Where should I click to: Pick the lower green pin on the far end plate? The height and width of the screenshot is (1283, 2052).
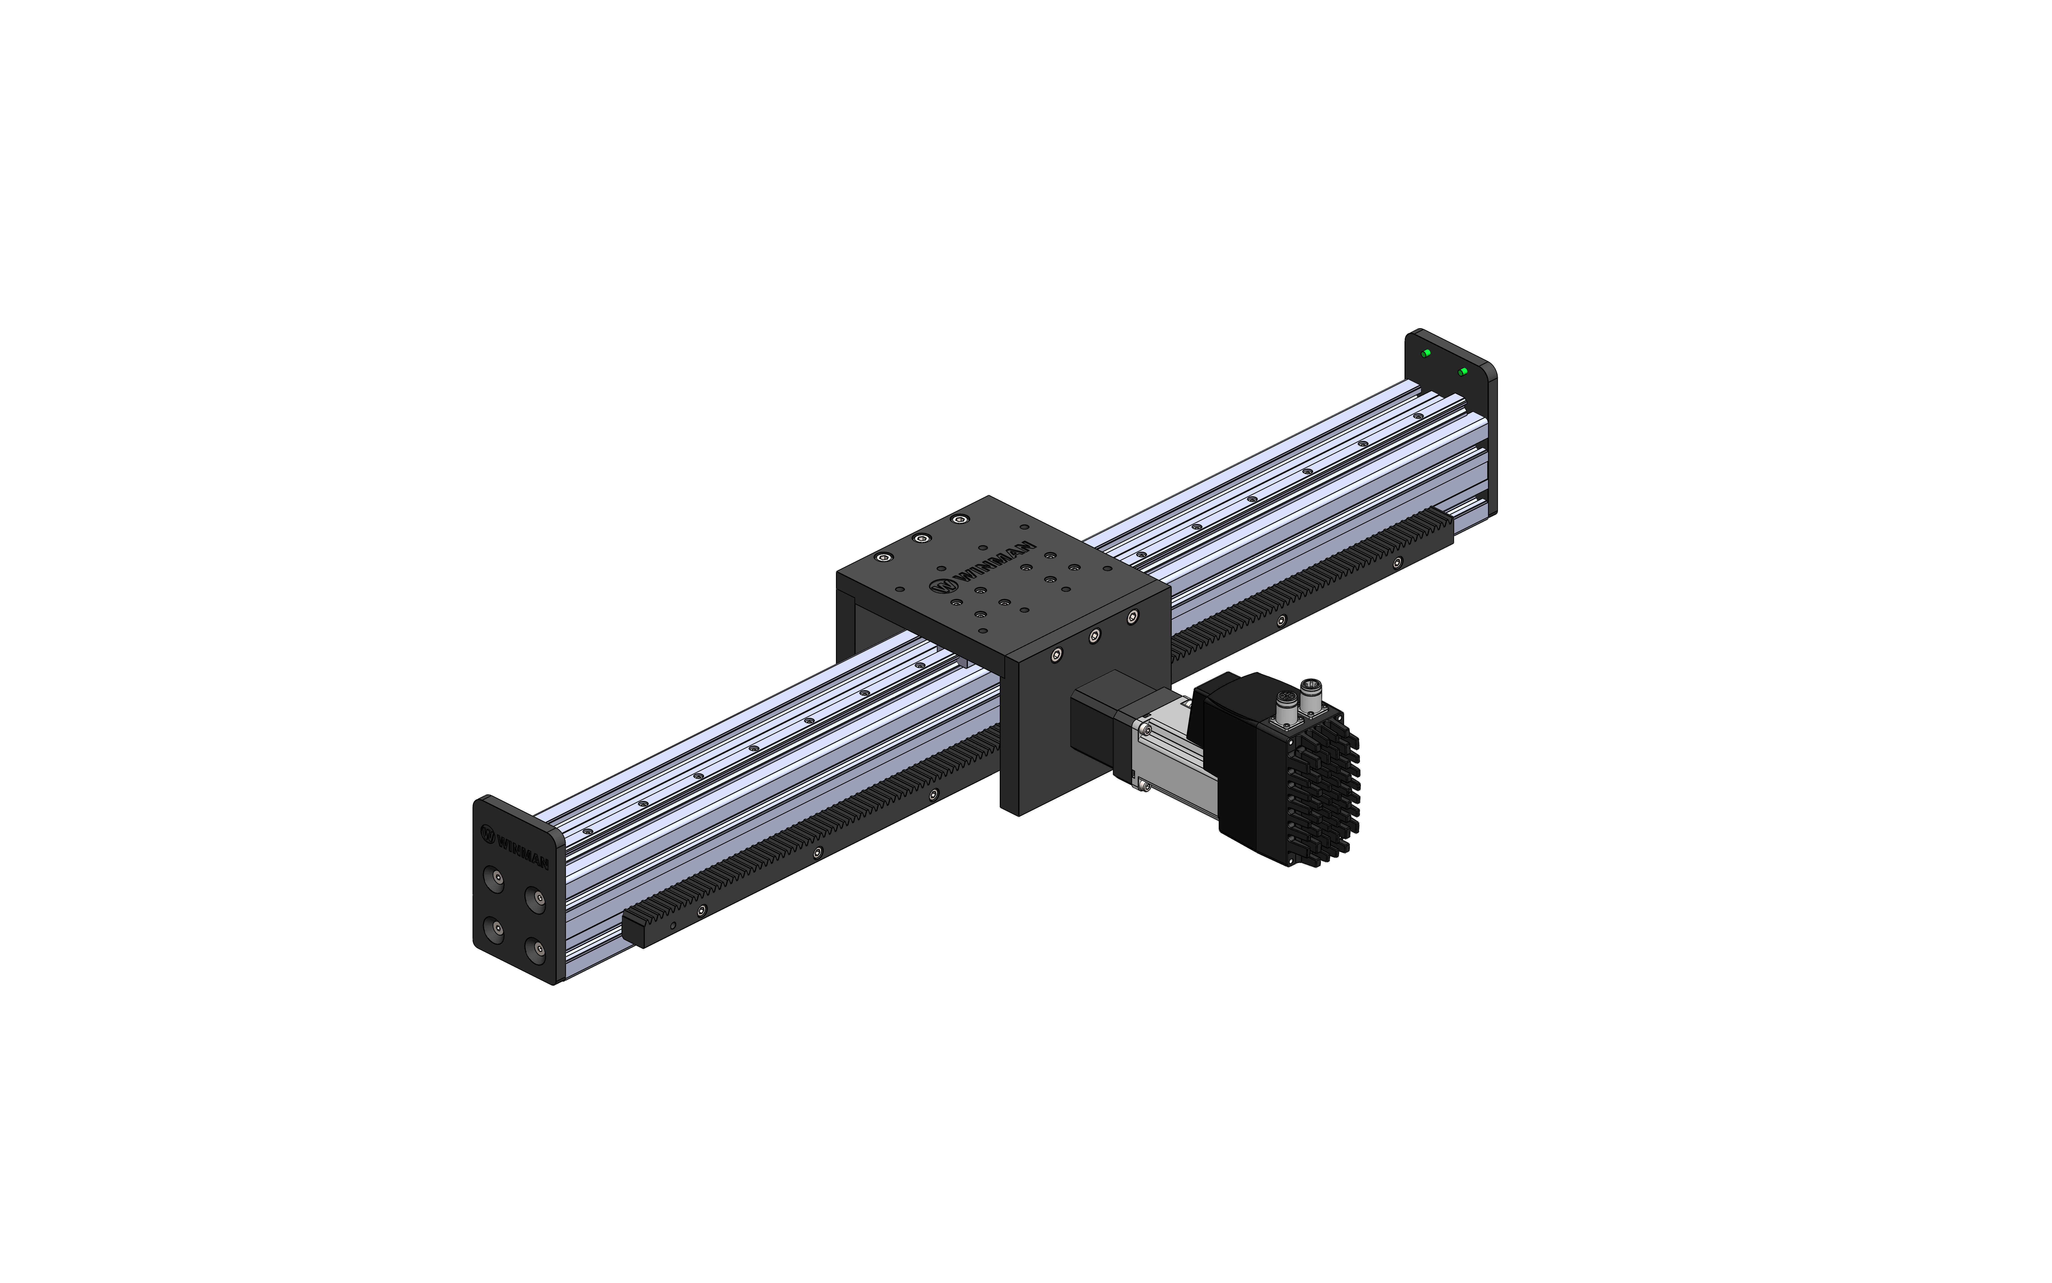1462,372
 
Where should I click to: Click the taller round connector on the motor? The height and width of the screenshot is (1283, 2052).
1312,689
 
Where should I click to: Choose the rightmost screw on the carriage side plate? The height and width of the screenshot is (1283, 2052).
1133,617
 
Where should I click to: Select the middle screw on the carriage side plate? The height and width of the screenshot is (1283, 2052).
1094,636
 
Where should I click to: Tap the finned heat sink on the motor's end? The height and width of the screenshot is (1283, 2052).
1323,789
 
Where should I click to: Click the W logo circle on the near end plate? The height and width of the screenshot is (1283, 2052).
488,833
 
